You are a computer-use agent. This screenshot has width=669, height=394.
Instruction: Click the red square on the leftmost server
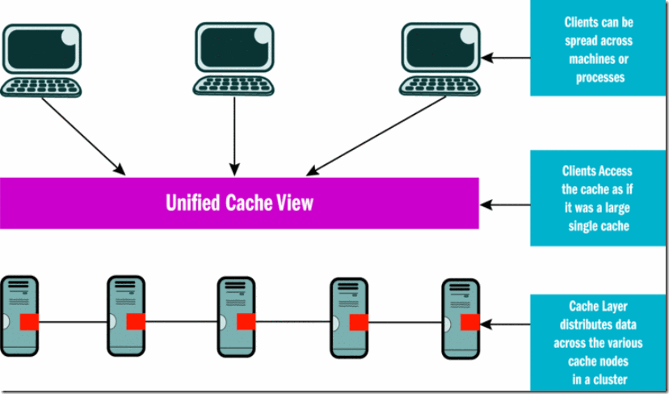(29, 322)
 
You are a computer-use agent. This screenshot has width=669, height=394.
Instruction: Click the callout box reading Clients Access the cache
(599, 198)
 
